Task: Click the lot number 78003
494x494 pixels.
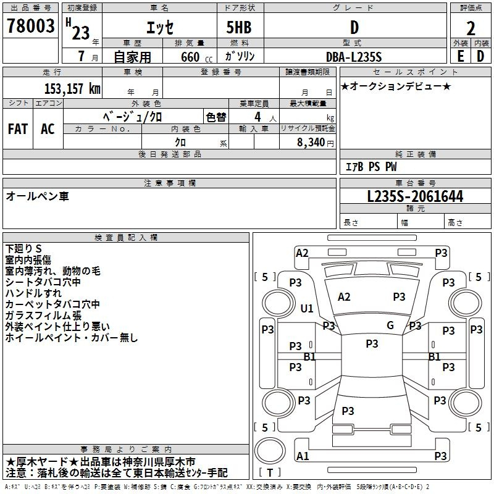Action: click(x=30, y=25)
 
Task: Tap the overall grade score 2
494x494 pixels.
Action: click(x=471, y=28)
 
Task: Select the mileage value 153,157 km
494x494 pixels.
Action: click(x=72, y=88)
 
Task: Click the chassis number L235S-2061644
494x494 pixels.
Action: click(x=415, y=196)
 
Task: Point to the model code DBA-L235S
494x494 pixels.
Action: click(x=354, y=57)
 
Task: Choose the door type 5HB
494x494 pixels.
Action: click(x=239, y=27)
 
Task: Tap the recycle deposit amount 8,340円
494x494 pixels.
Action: click(x=316, y=143)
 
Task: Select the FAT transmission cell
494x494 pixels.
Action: click(x=18, y=129)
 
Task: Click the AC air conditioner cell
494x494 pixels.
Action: click(x=48, y=129)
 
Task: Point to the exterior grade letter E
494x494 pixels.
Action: click(x=460, y=56)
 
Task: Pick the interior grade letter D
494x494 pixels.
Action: click(x=480, y=56)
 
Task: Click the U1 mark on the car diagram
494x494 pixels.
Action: click(x=307, y=308)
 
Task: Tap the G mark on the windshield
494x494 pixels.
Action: click(x=390, y=325)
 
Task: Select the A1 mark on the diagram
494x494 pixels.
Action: click(x=303, y=456)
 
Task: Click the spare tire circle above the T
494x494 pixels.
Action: click(x=270, y=451)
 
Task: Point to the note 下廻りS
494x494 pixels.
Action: click(x=23, y=249)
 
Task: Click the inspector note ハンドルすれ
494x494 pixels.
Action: click(x=33, y=293)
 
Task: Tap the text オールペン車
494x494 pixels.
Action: click(x=37, y=196)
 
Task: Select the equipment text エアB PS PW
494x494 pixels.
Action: click(x=371, y=167)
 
